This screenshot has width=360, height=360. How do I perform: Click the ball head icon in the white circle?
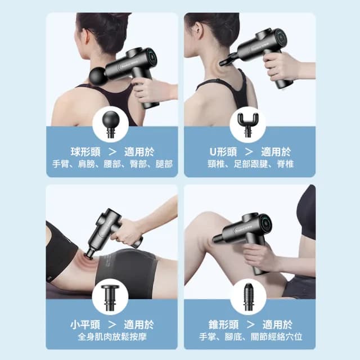tap(110, 124)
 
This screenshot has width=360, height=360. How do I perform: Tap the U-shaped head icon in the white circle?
tap(247, 125)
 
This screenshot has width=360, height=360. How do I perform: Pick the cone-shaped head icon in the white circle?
tap(248, 297)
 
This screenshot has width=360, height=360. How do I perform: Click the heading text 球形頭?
tap(85, 152)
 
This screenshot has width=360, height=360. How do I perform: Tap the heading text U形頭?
tap(223, 152)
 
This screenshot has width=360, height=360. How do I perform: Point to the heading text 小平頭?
tap(85, 325)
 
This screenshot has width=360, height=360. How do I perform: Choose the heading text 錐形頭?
tap(223, 325)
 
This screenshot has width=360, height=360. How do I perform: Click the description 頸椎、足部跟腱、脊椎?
tap(250, 164)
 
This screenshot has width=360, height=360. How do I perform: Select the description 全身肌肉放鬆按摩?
tap(112, 337)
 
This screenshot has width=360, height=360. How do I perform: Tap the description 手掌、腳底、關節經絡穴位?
tap(250, 337)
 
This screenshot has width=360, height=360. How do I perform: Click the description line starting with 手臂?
tap(112, 164)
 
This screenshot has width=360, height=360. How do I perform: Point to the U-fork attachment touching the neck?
tap(227, 60)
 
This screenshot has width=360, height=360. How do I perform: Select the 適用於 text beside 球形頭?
tap(139, 152)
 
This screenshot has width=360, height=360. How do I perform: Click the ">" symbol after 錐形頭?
tap(250, 325)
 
